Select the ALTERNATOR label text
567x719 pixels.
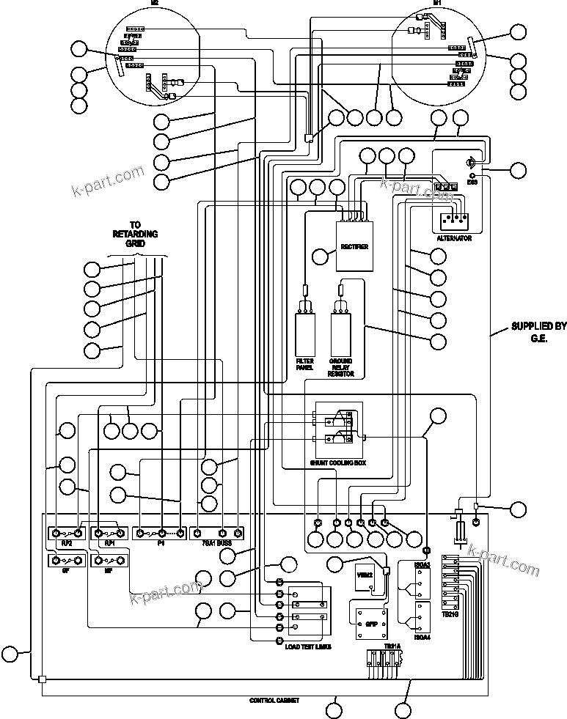click(x=453, y=239)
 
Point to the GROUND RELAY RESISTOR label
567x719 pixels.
click(x=342, y=367)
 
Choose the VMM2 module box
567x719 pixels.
click(x=365, y=578)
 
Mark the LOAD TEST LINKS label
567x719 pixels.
click(x=308, y=647)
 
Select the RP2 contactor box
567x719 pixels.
click(x=66, y=533)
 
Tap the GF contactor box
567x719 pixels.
click(x=66, y=561)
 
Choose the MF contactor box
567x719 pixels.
click(x=109, y=561)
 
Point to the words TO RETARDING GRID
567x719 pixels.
click(x=135, y=234)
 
